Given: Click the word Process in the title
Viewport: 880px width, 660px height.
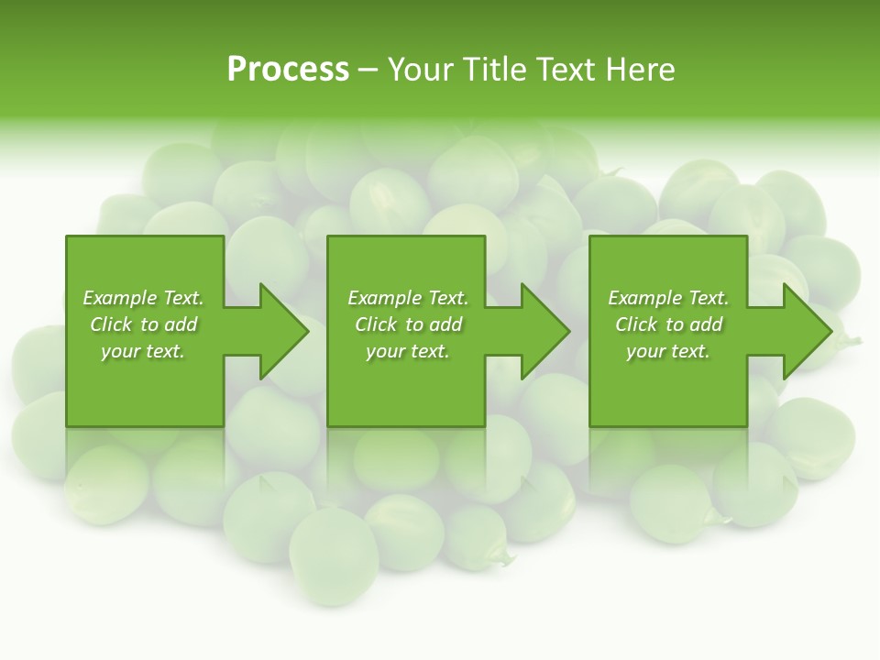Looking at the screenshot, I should coord(288,70).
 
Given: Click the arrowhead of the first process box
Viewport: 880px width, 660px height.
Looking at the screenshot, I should coord(282,331).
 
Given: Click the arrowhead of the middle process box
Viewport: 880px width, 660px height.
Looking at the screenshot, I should coord(544,331).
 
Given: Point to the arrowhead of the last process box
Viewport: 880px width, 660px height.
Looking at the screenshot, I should coord(806,331).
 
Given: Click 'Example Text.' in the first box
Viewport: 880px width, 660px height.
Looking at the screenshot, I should coord(143,298).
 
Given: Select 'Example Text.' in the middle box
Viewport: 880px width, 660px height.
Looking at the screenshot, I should coord(408,298).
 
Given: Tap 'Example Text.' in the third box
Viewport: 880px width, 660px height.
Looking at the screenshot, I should coord(668,298).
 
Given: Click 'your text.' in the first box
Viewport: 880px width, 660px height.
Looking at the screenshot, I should coord(143,351).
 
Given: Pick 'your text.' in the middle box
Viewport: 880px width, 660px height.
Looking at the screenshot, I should coord(408,351).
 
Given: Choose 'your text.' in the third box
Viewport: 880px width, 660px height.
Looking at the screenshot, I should coord(668,351).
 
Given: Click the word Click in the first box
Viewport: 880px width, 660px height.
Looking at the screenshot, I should coord(112,324).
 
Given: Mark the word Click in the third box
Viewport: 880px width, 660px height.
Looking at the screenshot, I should coord(637,324).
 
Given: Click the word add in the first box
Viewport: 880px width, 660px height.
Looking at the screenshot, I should coord(181,324).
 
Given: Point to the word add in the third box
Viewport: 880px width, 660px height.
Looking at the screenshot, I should coord(706,324).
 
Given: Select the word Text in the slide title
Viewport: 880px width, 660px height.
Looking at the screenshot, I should coord(563,70).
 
